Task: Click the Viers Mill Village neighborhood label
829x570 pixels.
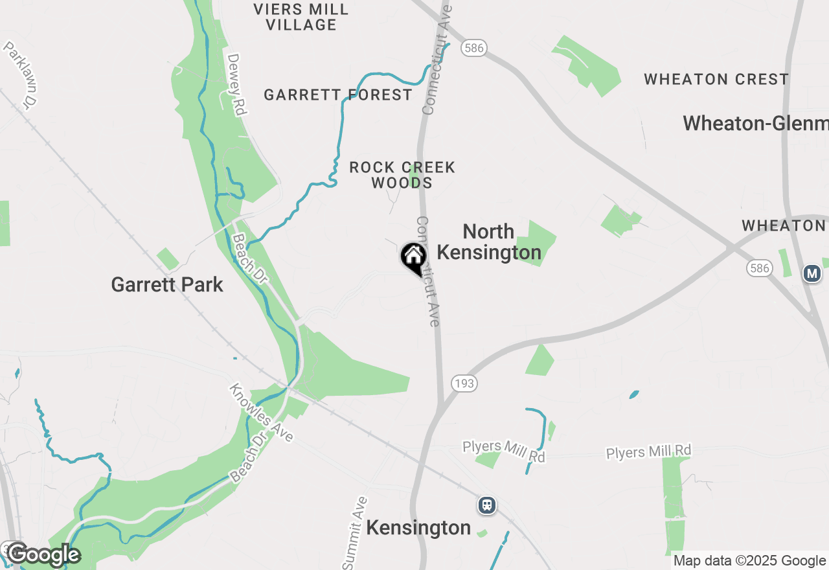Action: [x=301, y=17]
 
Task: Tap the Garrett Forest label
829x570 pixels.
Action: [x=338, y=95]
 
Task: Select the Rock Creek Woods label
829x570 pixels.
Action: [x=402, y=175]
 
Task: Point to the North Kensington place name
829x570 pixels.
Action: [x=489, y=242]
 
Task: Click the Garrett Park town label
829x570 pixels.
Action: [x=167, y=284]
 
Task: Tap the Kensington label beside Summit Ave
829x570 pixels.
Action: [x=418, y=528]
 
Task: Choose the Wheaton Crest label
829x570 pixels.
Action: [x=716, y=80]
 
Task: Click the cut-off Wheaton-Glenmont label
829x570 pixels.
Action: [x=755, y=123]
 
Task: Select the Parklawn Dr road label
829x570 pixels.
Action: [x=21, y=74]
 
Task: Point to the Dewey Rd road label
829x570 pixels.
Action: [x=238, y=84]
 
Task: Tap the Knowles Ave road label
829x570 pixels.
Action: [x=260, y=413]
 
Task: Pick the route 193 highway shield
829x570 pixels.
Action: [x=465, y=383]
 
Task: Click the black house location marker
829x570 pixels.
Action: [x=413, y=257]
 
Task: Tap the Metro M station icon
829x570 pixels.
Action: [x=812, y=273]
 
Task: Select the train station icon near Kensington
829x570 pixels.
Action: [x=487, y=505]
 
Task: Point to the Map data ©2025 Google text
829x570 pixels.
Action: [x=749, y=561]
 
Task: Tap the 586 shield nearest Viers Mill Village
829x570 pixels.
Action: [x=474, y=47]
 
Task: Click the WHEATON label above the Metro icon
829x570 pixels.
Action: [x=784, y=225]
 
